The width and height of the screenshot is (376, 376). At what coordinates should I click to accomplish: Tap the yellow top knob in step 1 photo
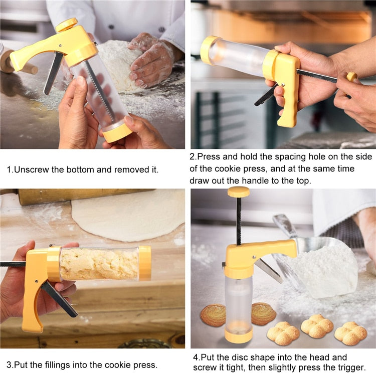click(67, 25)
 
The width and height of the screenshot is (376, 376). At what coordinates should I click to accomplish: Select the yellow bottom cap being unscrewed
click(117, 133)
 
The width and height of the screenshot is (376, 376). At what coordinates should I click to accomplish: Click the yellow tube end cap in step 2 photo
click(209, 50)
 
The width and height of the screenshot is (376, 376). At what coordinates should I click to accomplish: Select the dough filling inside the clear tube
click(99, 264)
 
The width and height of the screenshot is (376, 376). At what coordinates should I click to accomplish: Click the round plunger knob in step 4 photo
click(239, 192)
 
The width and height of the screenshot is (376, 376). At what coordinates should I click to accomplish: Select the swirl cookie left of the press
click(213, 315)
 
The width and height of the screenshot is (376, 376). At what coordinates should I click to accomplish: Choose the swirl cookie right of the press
click(264, 313)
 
